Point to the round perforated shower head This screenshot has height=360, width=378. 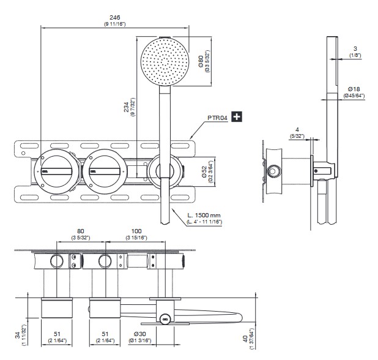(162, 61)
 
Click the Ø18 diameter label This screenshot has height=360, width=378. (354, 89)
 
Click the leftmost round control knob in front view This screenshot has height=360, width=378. (54, 168)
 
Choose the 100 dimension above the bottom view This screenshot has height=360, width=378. (136, 231)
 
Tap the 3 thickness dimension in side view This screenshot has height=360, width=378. (354, 49)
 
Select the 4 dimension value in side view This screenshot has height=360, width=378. (295, 129)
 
